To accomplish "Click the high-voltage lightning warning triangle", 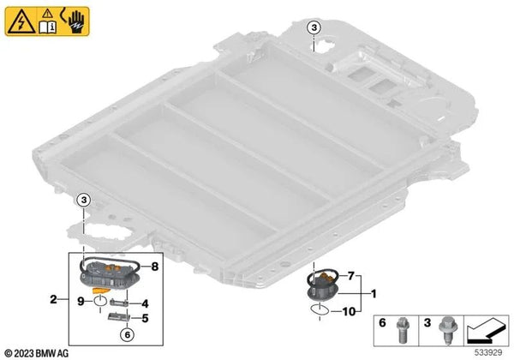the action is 21,22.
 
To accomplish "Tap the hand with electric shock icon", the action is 75,21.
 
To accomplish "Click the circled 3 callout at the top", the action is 314,28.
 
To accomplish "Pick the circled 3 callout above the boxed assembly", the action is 84,200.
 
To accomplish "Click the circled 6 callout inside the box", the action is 127,334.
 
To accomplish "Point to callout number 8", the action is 155,267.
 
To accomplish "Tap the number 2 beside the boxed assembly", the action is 53,299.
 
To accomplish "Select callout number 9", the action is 81,301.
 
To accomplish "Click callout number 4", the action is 145,303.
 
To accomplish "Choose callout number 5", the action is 145,318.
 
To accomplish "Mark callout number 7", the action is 351,276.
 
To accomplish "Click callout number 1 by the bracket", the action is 373,294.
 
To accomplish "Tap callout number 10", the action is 349,311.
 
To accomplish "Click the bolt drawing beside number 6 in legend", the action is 401,331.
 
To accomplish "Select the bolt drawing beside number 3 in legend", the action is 445,330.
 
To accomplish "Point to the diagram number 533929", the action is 488,353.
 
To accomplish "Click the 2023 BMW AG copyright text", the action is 37,353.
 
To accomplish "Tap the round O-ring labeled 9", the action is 100,300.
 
